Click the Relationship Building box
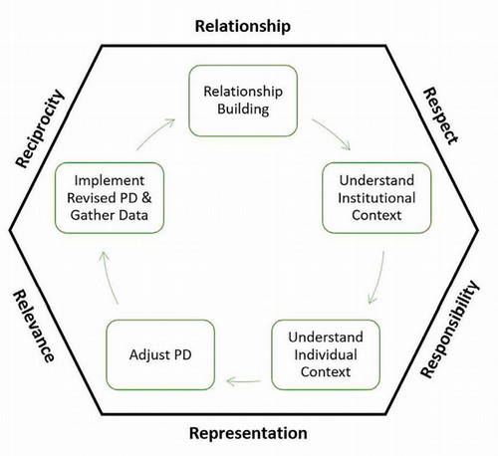[x=244, y=102]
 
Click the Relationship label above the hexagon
[x=242, y=26]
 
